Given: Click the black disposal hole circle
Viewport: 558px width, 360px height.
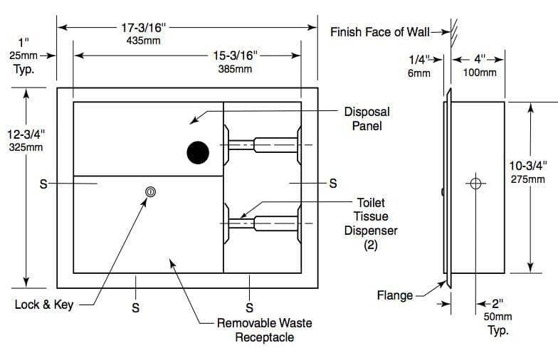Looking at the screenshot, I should pyautogui.click(x=198, y=152).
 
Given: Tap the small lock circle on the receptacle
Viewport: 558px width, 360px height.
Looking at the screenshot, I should pyautogui.click(x=149, y=191).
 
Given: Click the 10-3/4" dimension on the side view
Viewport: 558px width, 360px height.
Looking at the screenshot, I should pyautogui.click(x=528, y=166).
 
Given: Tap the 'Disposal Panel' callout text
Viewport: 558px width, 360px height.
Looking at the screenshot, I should pyautogui.click(x=367, y=119).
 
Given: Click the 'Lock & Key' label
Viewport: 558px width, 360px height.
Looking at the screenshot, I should pyautogui.click(x=44, y=305).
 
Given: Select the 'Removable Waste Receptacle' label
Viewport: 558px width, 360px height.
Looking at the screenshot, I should pyautogui.click(x=264, y=330).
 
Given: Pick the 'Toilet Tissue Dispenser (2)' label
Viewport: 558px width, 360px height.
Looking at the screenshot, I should pyautogui.click(x=371, y=223).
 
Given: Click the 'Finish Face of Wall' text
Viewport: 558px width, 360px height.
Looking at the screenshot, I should pyautogui.click(x=385, y=32).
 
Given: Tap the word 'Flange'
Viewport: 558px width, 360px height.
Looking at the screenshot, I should pyautogui.click(x=395, y=295).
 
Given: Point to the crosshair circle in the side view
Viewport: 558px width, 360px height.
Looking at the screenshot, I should pyautogui.click(x=476, y=184).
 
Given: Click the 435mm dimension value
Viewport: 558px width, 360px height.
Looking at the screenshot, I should pyautogui.click(x=143, y=41).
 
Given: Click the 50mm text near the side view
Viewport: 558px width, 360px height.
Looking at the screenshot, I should pyautogui.click(x=498, y=317).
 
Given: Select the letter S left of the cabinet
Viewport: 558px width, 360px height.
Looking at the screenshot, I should pyautogui.click(x=43, y=184).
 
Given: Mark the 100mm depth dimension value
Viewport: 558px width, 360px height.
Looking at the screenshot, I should pyautogui.click(x=479, y=73).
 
